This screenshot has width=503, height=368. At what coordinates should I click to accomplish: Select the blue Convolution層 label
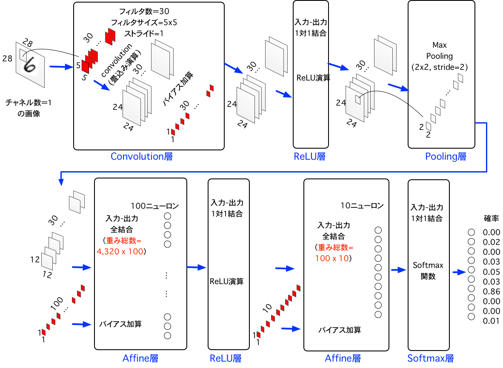tap(141, 156)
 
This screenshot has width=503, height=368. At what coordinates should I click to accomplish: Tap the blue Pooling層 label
tap(446, 156)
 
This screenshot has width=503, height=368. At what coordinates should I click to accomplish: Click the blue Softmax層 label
tap(430, 358)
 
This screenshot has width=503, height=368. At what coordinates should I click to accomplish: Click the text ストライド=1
tap(143, 33)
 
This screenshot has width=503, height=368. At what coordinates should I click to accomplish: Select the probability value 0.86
tap(492, 292)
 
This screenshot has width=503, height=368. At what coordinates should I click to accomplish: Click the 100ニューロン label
tap(154, 206)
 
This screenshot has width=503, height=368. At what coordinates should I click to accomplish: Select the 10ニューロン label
tap(362, 206)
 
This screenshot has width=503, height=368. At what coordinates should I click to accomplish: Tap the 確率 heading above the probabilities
tap(492, 218)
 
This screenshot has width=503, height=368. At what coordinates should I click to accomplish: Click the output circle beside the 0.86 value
tap(471, 289)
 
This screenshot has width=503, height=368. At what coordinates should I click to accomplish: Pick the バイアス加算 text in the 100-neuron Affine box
tap(120, 324)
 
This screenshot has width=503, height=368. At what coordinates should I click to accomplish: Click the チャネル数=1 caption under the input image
tap(29, 103)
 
